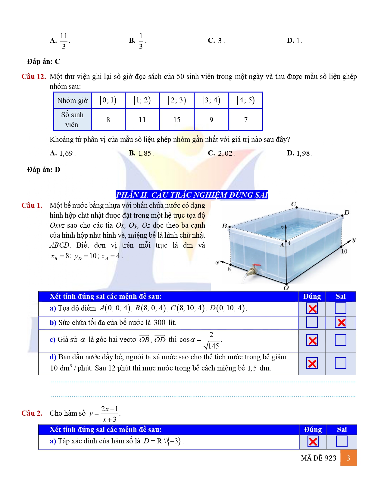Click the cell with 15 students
177,120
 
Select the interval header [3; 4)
211,100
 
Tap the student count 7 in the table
246,120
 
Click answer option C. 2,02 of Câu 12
222,153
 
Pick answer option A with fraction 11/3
60,41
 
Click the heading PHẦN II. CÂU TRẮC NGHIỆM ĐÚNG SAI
192,195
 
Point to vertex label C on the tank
294,204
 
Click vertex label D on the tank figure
347,213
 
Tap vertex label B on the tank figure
224,226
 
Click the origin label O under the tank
286,288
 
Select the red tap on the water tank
255,267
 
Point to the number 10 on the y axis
344,252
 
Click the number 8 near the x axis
229,269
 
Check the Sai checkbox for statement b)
341,323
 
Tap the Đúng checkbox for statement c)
312,341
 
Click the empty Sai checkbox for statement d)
341,363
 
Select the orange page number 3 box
348,458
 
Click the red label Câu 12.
33,77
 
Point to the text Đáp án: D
44,170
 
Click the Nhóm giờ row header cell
72,101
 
